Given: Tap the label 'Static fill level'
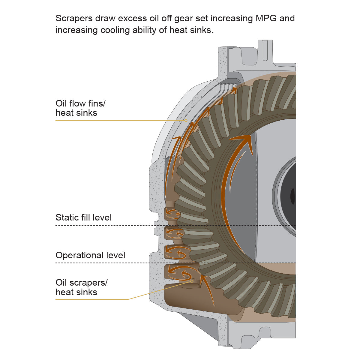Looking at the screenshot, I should coord(84,217).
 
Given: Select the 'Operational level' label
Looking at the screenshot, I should coord(90,255).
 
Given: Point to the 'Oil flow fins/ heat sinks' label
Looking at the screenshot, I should coord(80,108).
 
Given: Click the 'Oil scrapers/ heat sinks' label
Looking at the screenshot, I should coord(81,287).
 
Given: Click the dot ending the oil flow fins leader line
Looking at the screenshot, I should coord(186,121).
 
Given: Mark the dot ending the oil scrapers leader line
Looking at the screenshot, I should coord(192,281).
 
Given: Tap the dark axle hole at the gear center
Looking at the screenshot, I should coord(292,196).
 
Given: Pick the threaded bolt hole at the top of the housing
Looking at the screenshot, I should coord(265,49).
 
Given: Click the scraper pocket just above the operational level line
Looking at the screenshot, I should coord(177,252).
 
